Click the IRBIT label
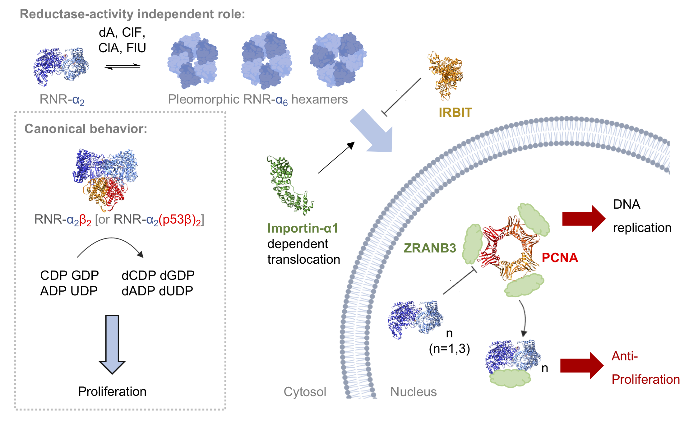click(x=455, y=113)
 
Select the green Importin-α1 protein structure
click(x=288, y=185)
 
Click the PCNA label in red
click(x=560, y=258)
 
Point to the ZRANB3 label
click(x=430, y=248)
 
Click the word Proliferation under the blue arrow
click(x=112, y=391)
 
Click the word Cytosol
click(x=305, y=392)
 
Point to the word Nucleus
click(x=413, y=392)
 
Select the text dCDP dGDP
click(x=158, y=275)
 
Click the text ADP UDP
click(x=69, y=291)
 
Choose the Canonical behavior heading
click(x=86, y=129)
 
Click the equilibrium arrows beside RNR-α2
click(x=123, y=66)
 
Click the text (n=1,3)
click(x=449, y=349)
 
